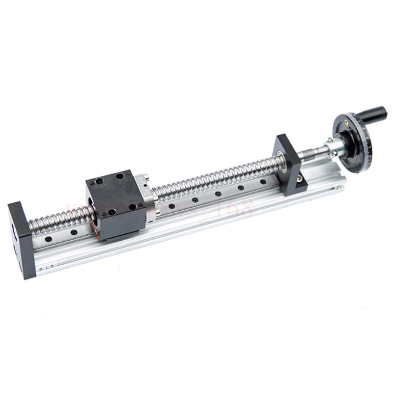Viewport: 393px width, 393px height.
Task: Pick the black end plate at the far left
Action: pyautogui.click(x=21, y=238)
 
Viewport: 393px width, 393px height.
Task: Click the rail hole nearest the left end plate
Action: pyautogui.click(x=48, y=239)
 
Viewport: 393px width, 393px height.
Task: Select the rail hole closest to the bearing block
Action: pyautogui.click(x=263, y=182)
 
